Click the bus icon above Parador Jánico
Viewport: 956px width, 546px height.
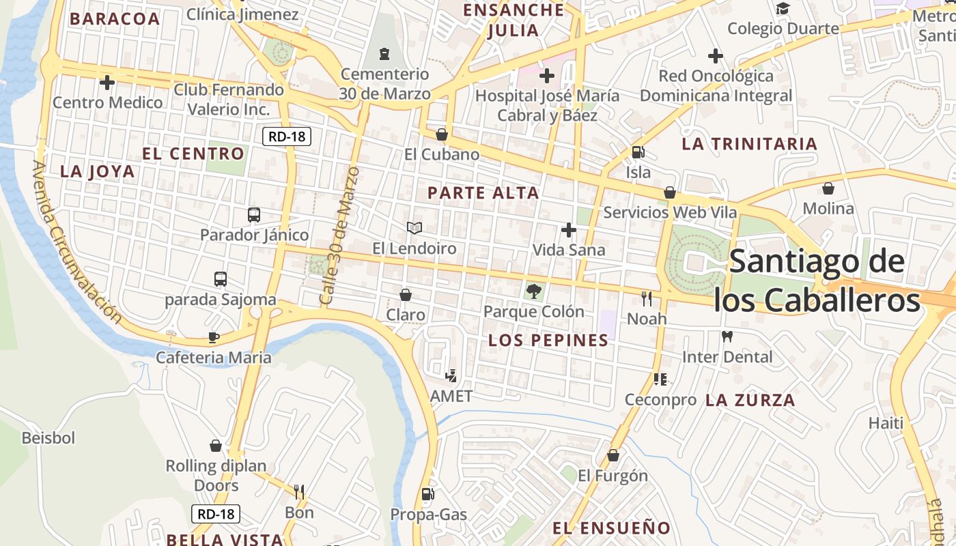click(254, 215)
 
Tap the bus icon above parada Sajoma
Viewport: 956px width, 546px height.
click(220, 278)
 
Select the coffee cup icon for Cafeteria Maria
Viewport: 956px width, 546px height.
click(214, 337)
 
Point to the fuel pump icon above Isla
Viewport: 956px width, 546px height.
click(638, 152)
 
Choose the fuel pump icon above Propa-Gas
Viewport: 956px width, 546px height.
click(428, 493)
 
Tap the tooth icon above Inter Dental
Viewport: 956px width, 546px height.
click(727, 336)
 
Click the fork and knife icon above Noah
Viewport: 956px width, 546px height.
click(647, 298)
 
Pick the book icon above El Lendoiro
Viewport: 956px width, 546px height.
click(414, 227)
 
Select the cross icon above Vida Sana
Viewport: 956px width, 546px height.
click(568, 230)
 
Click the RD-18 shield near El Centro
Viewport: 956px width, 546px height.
click(287, 136)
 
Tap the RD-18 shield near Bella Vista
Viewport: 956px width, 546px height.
click(216, 514)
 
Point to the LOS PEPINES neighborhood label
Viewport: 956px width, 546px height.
click(548, 340)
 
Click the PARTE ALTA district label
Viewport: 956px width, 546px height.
click(483, 193)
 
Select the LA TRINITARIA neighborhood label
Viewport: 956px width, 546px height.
click(749, 144)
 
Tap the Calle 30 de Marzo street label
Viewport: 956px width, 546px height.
click(339, 235)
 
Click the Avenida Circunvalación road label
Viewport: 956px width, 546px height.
click(76, 242)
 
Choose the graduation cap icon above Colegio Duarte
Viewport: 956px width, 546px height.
click(783, 8)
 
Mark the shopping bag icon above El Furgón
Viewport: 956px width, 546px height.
click(613, 455)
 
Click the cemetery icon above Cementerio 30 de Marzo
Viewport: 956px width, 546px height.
click(384, 53)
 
